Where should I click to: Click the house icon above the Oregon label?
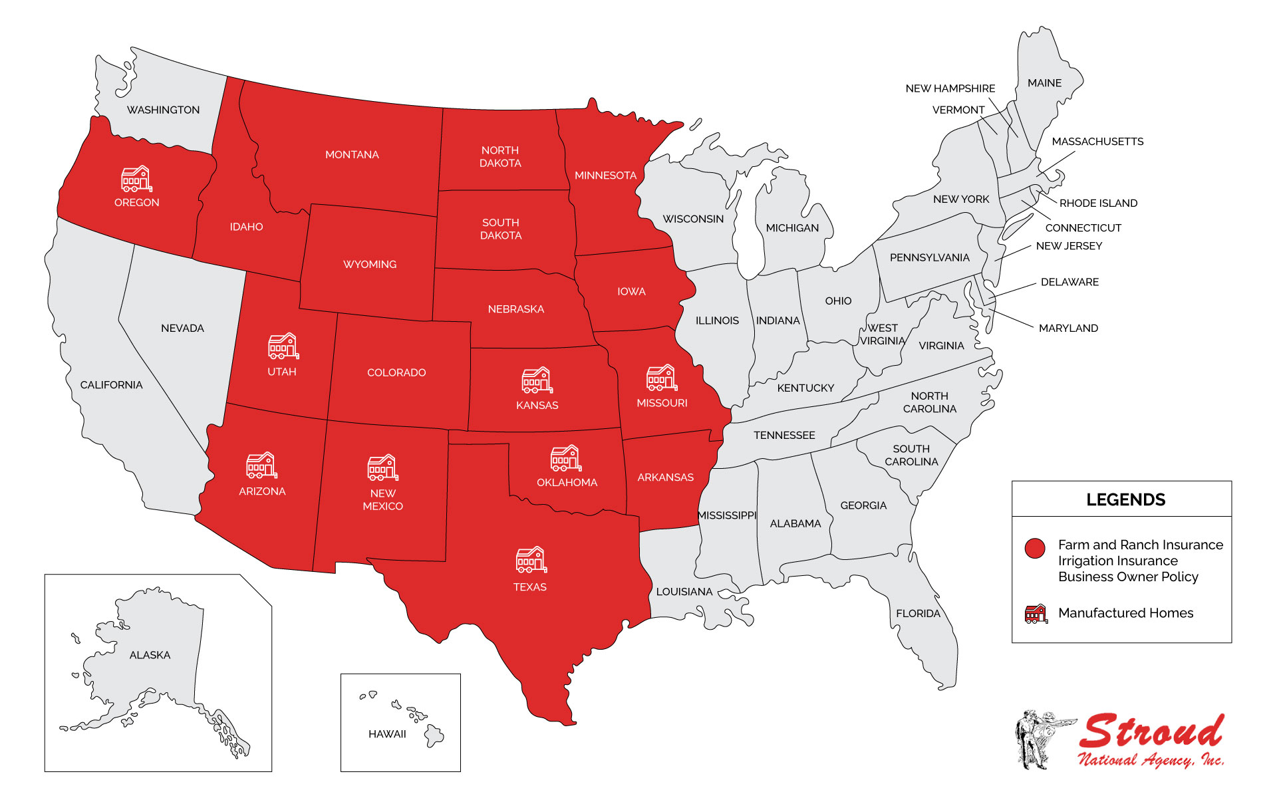coord(136,179)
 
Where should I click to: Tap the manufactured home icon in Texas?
coord(531,560)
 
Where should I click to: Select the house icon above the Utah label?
coord(283,346)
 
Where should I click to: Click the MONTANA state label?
coord(352,155)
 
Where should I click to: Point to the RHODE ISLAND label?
coord(1098,203)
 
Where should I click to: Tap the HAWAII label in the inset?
coord(387,734)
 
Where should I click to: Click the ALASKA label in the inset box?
coord(150,655)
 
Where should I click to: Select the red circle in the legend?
coord(1035,548)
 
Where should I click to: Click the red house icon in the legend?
coord(1036,614)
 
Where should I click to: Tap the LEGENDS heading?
coord(1125,500)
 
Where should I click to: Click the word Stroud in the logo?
coord(1151,732)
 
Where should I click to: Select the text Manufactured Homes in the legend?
coord(1125,613)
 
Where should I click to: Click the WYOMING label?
coord(370,265)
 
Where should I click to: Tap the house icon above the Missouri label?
coord(661,378)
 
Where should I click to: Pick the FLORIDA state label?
coord(918,614)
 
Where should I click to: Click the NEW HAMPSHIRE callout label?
coord(950,88)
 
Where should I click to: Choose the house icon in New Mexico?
coord(382,467)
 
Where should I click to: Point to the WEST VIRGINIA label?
coord(883,334)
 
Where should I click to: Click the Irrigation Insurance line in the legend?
coord(1117,561)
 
